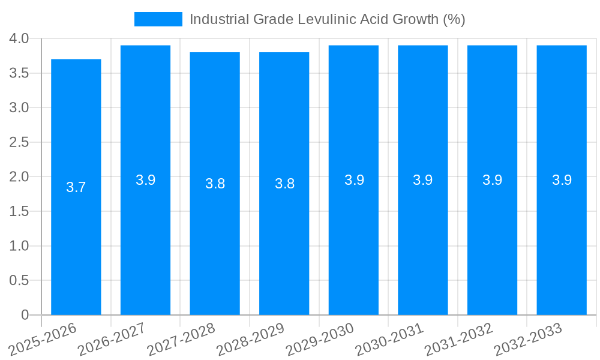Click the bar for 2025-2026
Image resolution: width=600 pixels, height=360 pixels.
[76, 240]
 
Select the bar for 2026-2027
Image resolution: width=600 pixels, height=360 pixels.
[145, 240]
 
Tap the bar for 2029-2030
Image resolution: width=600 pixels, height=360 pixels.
[353, 240]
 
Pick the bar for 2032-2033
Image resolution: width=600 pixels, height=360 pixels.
[562, 240]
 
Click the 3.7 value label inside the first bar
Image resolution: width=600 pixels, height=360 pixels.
[76, 187]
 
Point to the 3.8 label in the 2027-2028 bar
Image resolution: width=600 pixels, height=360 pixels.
[215, 184]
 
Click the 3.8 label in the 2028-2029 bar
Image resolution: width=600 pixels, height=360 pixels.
[284, 184]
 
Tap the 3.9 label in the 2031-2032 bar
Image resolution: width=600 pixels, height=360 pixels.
[492, 180]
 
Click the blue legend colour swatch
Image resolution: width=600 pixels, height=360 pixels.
[158, 19]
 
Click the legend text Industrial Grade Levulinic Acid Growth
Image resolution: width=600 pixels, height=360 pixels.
[327, 19]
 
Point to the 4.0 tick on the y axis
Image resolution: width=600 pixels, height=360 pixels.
[19, 39]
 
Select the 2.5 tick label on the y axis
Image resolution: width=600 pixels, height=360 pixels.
[19, 142]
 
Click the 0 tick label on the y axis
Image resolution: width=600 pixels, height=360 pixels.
[25, 315]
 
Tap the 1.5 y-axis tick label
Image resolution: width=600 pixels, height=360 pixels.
[19, 211]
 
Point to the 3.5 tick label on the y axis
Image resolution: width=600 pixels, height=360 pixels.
[19, 73]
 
